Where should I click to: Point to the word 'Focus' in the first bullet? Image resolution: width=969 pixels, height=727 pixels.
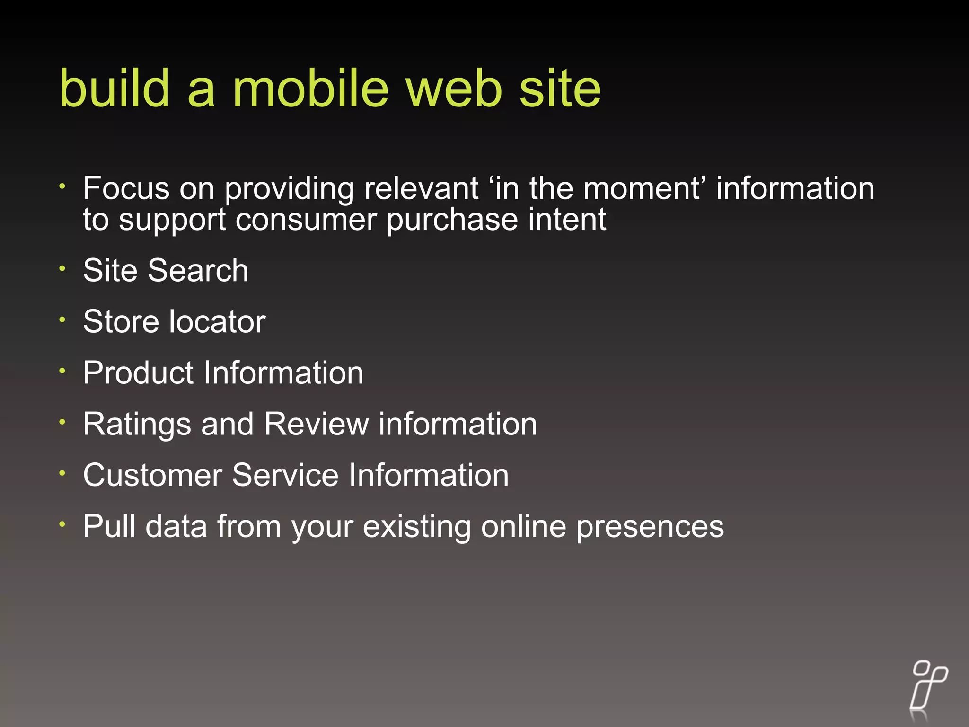pyautogui.click(x=126, y=188)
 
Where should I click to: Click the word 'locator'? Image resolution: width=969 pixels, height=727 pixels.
pyautogui.click(x=218, y=321)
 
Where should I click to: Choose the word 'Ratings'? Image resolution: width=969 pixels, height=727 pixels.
pyautogui.click(x=137, y=424)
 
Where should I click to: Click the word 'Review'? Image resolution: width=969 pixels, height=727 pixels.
pyautogui.click(x=317, y=424)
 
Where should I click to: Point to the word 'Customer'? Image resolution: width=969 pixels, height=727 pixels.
pyautogui.click(x=152, y=475)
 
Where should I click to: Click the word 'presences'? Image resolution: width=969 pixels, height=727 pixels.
pyautogui.click(x=650, y=527)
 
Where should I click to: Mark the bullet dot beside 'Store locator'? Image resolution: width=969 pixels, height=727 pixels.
pyautogui.click(x=62, y=319)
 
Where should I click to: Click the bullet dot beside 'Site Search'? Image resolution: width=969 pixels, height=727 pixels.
pyautogui.click(x=62, y=268)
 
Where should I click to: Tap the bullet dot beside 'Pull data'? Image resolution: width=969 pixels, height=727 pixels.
pyautogui.click(x=62, y=524)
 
